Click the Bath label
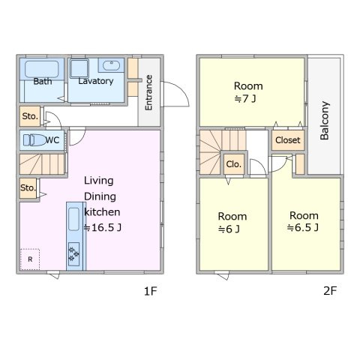[x=43, y=81]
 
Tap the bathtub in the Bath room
[x=41, y=69]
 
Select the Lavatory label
[x=96, y=81]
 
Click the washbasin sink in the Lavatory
[x=111, y=65]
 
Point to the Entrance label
[x=148, y=92]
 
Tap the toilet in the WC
[x=35, y=140]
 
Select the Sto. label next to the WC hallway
[x=30, y=116]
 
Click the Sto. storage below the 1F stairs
[x=28, y=188]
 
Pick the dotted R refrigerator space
[x=30, y=259]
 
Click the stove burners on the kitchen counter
[x=73, y=254]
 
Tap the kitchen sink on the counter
[x=73, y=219]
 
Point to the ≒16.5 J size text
[x=103, y=227]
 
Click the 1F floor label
[x=151, y=291]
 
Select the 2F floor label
[x=330, y=291]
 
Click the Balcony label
[x=325, y=121]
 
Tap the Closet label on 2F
[x=288, y=140]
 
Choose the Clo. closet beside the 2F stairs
[x=234, y=164]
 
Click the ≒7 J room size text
[x=245, y=99]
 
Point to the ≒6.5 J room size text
[x=303, y=227]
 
